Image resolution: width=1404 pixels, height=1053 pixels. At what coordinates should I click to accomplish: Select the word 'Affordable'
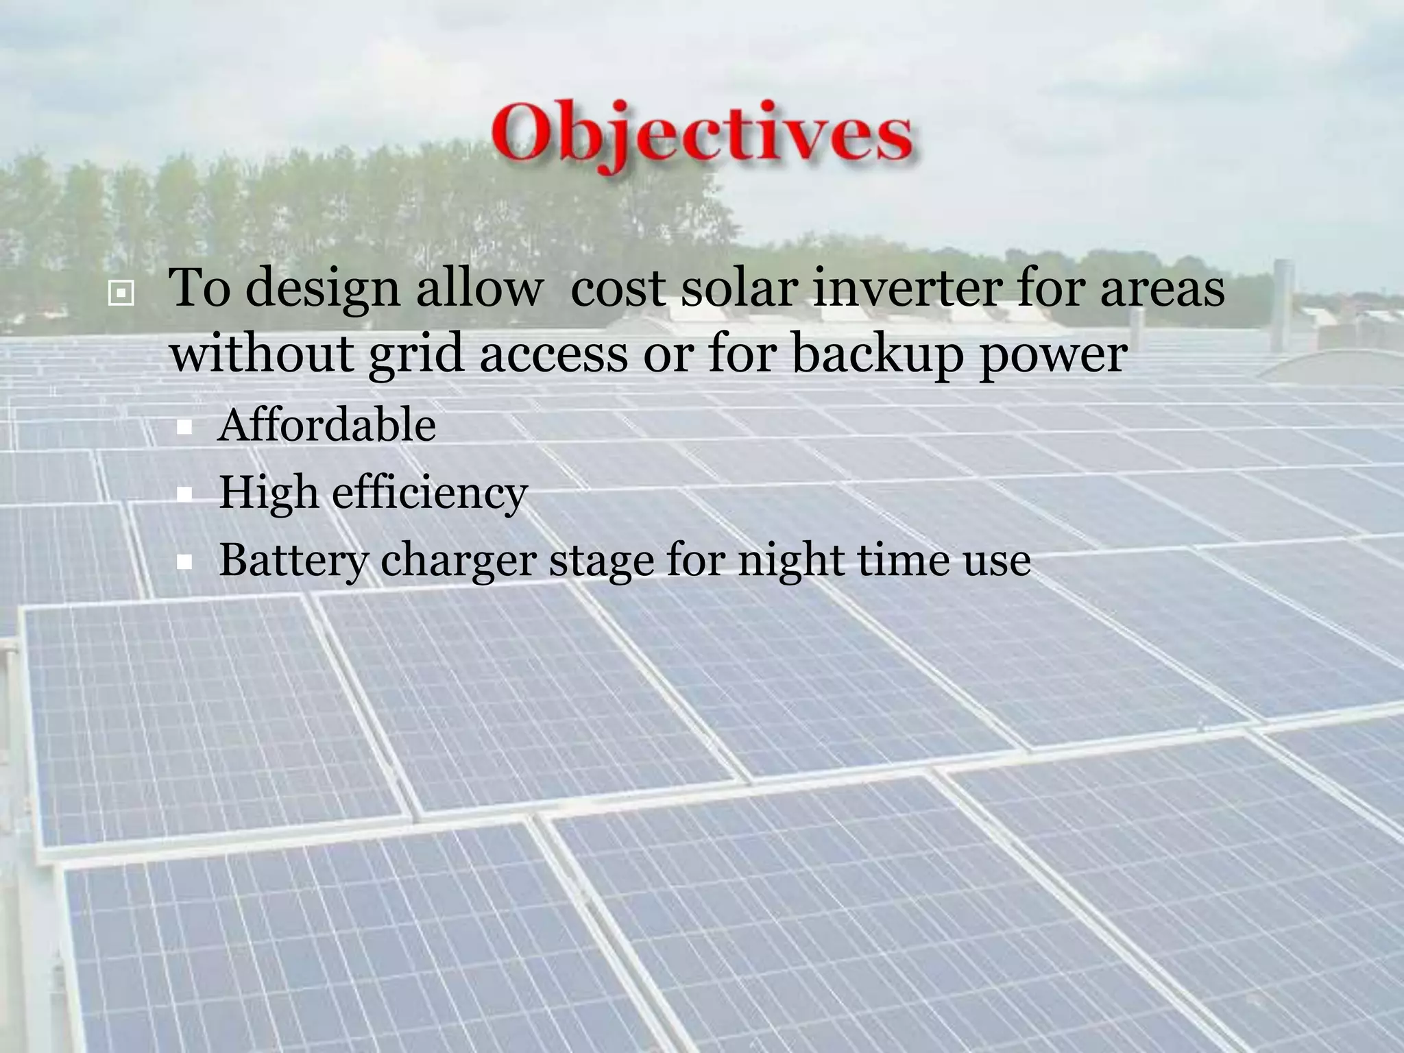[326, 425]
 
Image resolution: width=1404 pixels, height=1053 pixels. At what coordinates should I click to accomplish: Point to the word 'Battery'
[293, 561]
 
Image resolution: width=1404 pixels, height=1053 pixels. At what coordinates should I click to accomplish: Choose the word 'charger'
[458, 561]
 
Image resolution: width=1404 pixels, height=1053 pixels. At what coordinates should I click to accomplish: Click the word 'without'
[262, 354]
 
